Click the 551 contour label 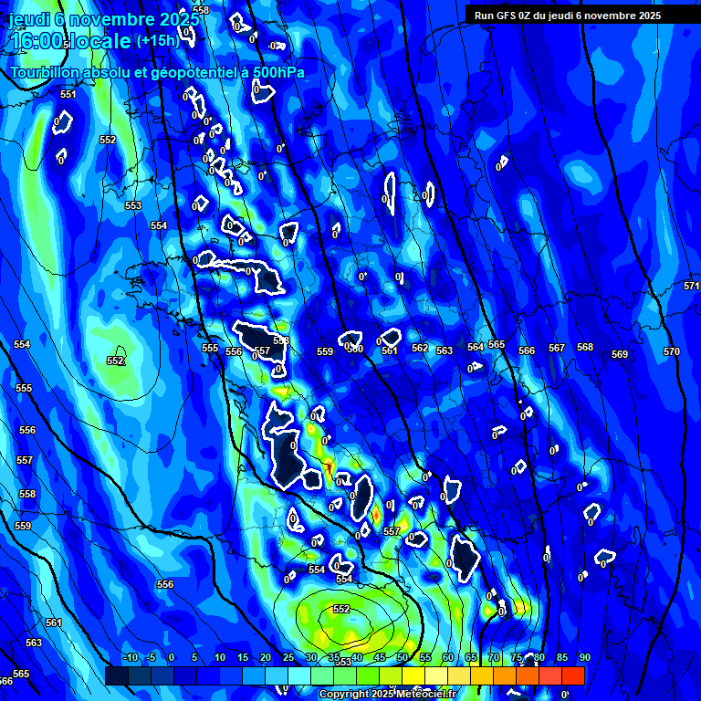tap(68, 94)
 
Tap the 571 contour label tap(691, 286)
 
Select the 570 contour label tap(672, 351)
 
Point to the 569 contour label tap(620, 354)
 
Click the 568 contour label tap(585, 347)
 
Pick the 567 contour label tap(557, 348)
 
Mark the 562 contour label tap(420, 348)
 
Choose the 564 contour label tap(476, 347)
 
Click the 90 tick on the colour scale tap(584, 657)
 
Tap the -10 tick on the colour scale tap(130, 657)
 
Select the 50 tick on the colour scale tap(402, 657)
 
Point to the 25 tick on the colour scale tap(288, 657)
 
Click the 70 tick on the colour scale tap(493, 657)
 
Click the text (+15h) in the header tap(157, 40)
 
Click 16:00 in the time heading tap(37, 42)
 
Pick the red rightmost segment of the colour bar tap(572, 675)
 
